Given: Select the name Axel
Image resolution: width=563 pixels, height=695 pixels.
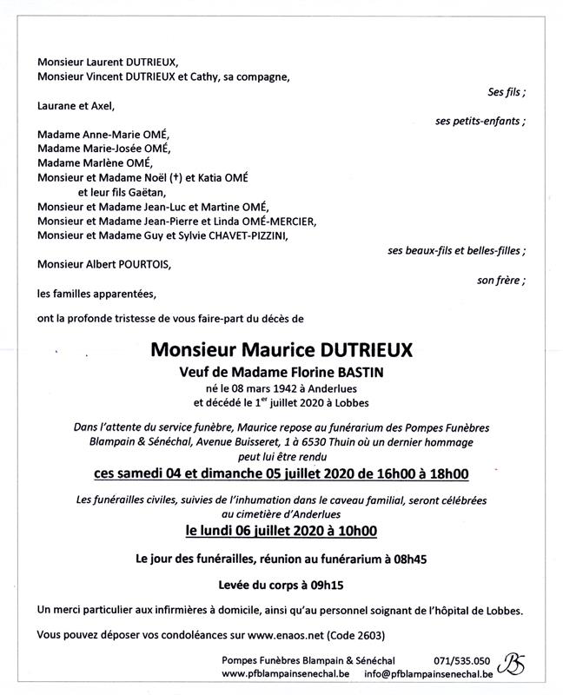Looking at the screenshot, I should (x=100, y=106).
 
